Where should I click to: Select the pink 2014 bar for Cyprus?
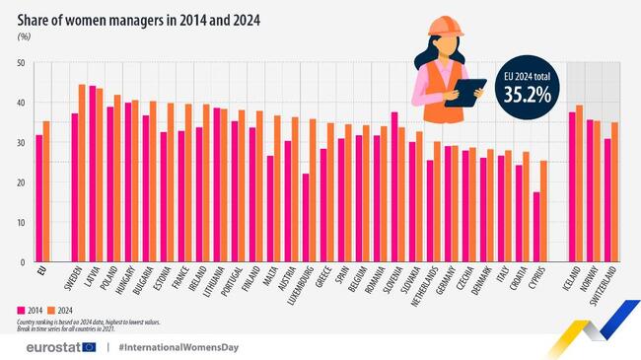click(536, 227)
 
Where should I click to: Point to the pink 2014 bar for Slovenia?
click(394, 186)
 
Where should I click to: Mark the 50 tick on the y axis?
click(21, 63)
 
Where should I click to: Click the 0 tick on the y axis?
click(23, 262)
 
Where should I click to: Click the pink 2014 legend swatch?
click(22, 310)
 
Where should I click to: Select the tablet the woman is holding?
click(465, 92)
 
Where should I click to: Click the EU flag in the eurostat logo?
click(89, 347)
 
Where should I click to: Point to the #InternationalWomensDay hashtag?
click(178, 347)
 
